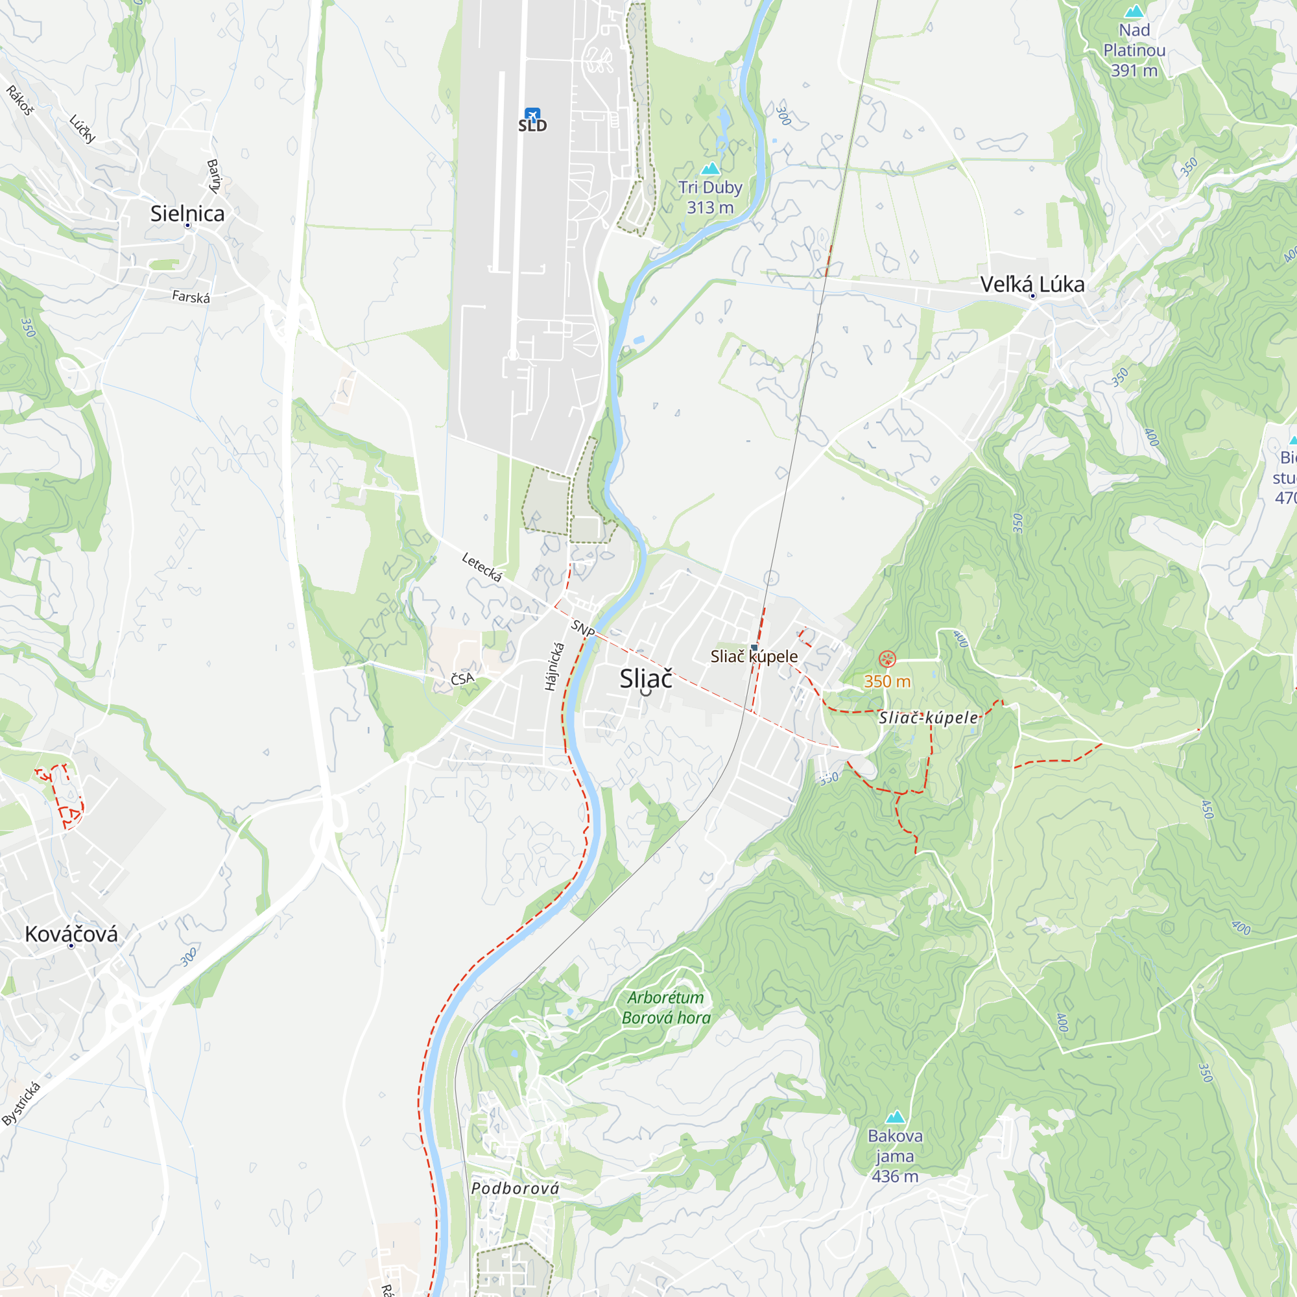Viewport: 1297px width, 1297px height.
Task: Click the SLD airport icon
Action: click(x=532, y=115)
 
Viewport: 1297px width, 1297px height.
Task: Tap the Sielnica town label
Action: click(x=187, y=213)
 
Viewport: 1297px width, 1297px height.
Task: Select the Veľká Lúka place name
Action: click(x=1032, y=284)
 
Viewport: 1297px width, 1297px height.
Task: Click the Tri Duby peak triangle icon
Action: click(x=710, y=169)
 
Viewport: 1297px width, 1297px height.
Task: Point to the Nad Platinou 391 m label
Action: click(x=1134, y=51)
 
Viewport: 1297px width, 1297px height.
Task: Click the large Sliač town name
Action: click(x=645, y=679)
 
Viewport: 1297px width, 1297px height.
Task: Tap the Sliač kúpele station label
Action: click(x=754, y=656)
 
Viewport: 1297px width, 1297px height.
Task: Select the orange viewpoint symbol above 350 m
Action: click(x=886, y=660)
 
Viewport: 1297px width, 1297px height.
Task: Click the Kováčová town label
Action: click(x=71, y=934)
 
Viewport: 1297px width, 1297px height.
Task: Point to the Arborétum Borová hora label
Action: click(x=665, y=1008)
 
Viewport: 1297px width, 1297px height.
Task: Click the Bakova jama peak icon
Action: click(x=895, y=1117)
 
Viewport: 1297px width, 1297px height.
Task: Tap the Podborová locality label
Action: click(x=515, y=1189)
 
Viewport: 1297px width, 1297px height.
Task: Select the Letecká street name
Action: click(x=482, y=567)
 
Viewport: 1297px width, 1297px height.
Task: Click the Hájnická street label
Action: click(x=554, y=667)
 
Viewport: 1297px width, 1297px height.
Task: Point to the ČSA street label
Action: click(x=462, y=679)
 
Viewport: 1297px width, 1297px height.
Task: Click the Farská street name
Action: click(x=191, y=297)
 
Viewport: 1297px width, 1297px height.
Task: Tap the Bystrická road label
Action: click(x=21, y=1104)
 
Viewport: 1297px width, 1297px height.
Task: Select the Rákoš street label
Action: click(x=19, y=101)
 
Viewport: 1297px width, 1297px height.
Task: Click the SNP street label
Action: click(x=583, y=629)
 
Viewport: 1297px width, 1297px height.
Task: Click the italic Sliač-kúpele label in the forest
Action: click(x=929, y=718)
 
